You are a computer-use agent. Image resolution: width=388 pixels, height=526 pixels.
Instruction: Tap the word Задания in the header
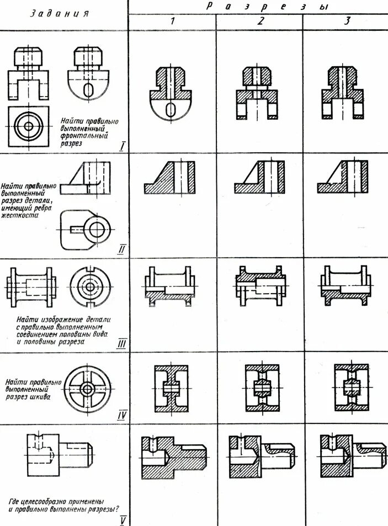click(59, 14)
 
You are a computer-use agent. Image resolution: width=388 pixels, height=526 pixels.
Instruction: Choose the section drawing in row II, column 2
click(259, 176)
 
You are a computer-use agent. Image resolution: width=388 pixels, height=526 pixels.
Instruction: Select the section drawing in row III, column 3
click(345, 288)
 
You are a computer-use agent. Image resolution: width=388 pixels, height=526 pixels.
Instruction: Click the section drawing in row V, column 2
click(262, 456)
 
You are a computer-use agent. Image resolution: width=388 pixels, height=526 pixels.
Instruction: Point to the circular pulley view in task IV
click(87, 389)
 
